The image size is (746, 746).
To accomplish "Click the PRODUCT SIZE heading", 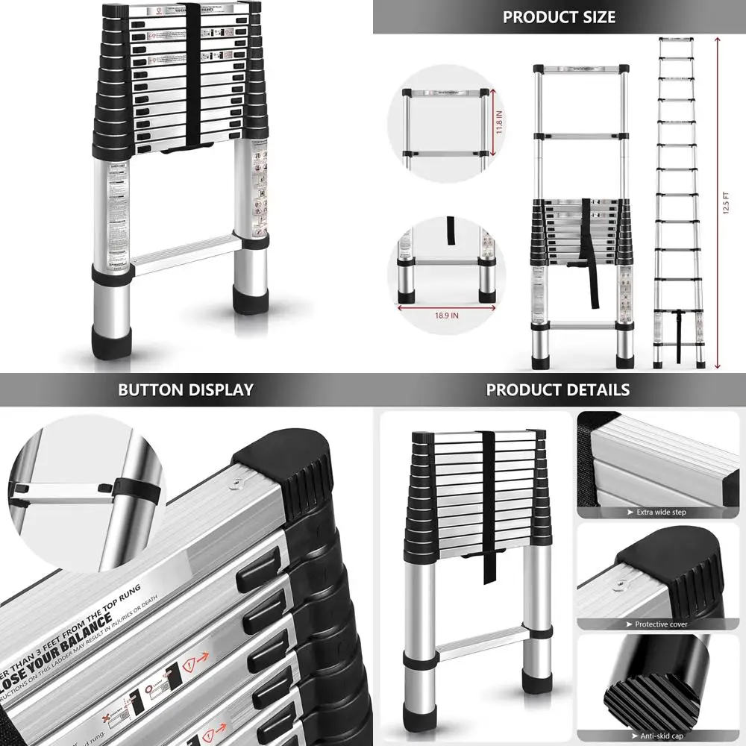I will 559,16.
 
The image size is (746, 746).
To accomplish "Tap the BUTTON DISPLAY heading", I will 186,389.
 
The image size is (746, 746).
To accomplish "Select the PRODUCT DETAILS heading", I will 558,389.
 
